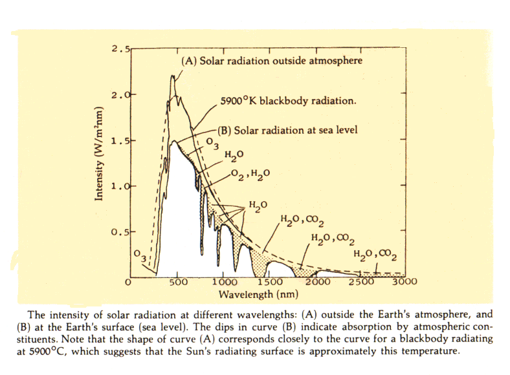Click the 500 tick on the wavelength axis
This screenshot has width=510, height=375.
tap(178, 283)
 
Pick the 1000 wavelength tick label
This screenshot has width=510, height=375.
tap(224, 283)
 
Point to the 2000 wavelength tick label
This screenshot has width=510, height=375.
tap(317, 283)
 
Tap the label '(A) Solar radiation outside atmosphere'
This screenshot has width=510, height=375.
tap(271, 61)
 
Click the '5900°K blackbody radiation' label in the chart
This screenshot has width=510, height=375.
tap(289, 102)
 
